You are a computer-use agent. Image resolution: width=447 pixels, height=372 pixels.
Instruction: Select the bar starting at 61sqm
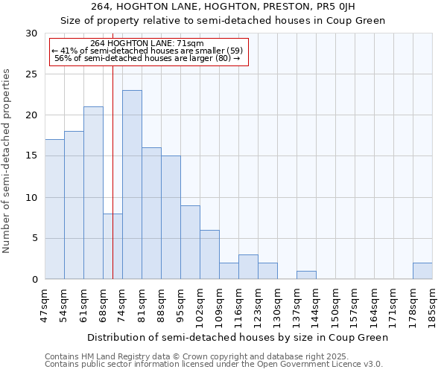pos(93,193)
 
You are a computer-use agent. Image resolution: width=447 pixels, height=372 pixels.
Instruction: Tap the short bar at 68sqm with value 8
pos(112,246)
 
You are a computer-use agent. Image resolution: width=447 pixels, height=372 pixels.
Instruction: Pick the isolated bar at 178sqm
pos(422,271)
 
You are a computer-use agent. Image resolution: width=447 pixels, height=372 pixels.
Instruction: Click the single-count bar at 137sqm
pos(306,275)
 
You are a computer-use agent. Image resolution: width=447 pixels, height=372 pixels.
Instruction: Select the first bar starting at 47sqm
pos(54,209)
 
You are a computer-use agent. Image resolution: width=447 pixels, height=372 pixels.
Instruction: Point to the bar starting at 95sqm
pos(190,242)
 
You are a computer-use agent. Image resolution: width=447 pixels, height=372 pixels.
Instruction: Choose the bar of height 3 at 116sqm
pos(248,267)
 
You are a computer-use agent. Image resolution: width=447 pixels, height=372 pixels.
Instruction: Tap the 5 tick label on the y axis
pos(35,239)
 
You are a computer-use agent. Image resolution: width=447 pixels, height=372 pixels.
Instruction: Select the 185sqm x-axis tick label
pos(432,305)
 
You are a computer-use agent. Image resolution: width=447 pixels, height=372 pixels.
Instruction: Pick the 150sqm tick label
pos(335,305)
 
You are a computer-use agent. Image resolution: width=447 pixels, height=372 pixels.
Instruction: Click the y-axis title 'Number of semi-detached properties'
pos(7,161)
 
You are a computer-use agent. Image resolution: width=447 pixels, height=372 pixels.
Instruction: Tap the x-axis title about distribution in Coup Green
pos(238,337)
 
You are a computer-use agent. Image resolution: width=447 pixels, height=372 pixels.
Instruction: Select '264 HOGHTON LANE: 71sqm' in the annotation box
pos(147,43)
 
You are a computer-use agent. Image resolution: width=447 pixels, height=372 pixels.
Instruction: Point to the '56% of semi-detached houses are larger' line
pos(147,58)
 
